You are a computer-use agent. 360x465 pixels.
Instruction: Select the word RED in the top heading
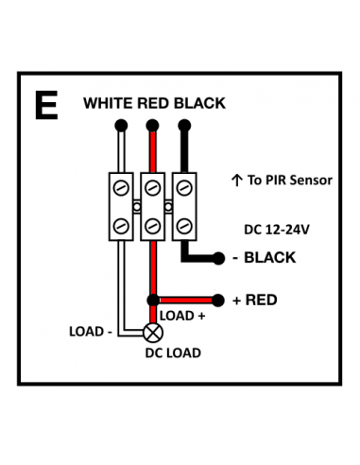[x=154, y=103]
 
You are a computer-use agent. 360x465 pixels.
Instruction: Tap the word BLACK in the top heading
[x=199, y=103]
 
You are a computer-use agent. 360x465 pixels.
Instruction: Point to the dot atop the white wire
[x=120, y=125]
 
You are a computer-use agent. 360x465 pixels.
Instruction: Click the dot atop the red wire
[x=152, y=125]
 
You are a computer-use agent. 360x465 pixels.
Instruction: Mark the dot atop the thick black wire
[x=184, y=125]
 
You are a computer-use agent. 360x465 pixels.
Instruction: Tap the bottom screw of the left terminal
[x=121, y=225]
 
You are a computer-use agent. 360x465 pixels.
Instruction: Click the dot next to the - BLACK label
[x=220, y=258]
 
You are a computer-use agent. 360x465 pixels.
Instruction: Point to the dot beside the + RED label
[x=220, y=300]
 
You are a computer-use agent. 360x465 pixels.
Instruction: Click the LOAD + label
[x=182, y=315]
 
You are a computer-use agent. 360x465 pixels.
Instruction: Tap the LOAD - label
[x=91, y=332]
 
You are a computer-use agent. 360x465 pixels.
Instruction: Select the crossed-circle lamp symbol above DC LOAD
[x=152, y=333]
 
